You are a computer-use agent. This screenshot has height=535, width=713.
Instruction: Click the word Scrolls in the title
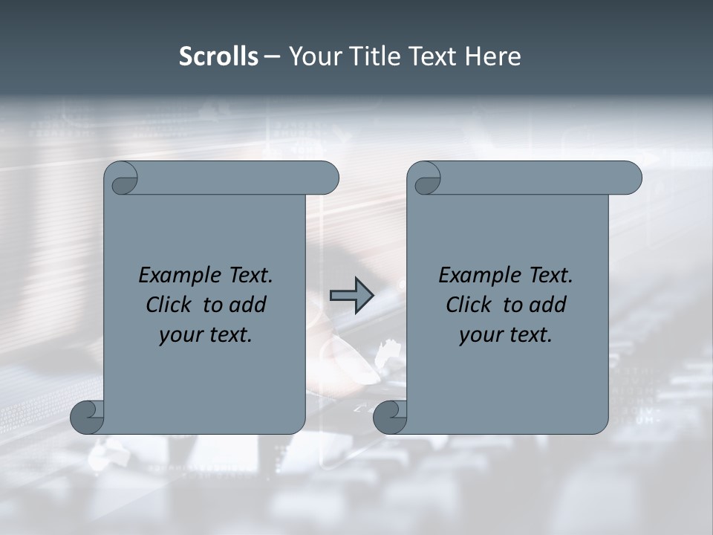coord(218,56)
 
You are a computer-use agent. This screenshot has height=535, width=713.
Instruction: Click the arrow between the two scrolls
coord(351,296)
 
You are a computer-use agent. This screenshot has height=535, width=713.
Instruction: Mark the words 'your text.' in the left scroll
coord(206,335)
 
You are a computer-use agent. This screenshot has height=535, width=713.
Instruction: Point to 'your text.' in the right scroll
coord(506,335)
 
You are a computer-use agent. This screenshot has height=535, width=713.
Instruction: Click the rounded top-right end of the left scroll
coord(327,178)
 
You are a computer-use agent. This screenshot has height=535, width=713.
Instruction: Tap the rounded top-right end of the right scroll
coord(630,178)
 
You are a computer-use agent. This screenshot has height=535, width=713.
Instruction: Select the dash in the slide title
coord(273,56)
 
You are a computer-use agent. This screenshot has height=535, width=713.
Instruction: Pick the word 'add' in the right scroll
coord(548,305)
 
